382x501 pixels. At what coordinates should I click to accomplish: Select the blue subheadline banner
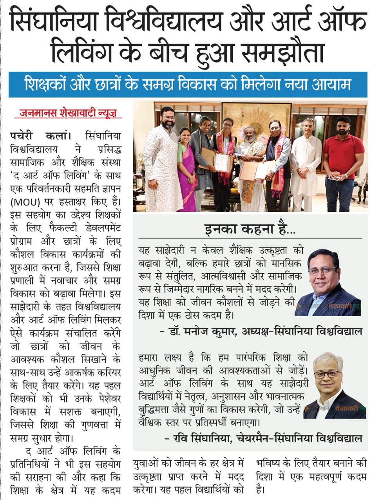(x=188, y=85)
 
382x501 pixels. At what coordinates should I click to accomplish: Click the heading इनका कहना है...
(x=250, y=229)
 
